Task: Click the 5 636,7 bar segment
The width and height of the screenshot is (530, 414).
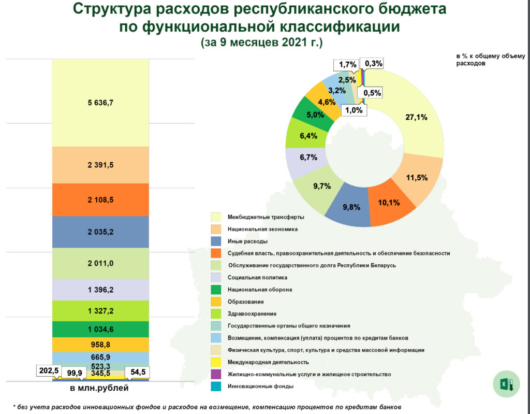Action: pos(100,103)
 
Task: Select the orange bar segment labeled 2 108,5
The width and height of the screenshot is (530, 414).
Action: pos(100,199)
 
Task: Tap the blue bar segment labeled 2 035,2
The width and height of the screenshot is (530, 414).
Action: pos(100,232)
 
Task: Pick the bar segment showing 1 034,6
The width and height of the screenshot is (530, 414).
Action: pos(100,329)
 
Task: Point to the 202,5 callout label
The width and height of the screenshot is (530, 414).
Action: pos(47,371)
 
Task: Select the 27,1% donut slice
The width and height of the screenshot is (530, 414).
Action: pos(417,118)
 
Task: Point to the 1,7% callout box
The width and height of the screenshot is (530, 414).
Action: pos(348,65)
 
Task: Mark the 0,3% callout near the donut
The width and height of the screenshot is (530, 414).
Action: pos(374,64)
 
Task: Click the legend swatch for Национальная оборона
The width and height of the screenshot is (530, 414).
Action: pos(216,290)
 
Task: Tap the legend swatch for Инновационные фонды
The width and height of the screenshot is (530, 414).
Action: pos(216,386)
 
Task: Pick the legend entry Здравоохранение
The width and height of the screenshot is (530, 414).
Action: pos(252,313)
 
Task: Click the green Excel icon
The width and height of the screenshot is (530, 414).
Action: pos(506,384)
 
